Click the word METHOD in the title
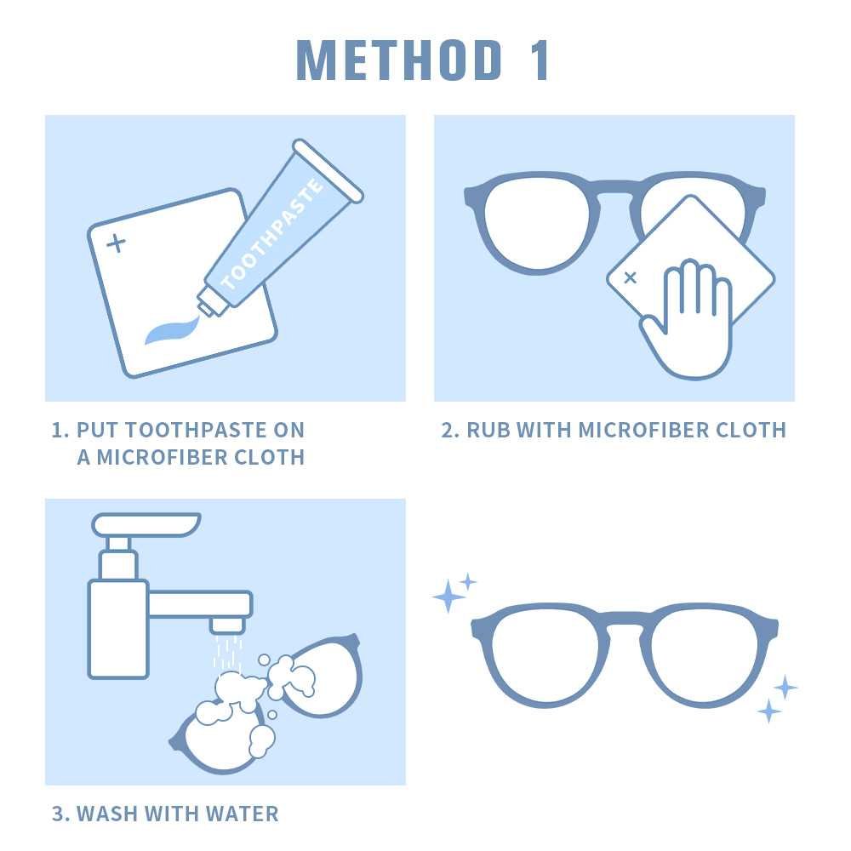click(399, 60)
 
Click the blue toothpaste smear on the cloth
click(172, 330)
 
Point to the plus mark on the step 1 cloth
click(116, 243)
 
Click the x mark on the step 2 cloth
click(630, 278)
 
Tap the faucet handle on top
click(146, 524)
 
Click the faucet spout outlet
click(227, 625)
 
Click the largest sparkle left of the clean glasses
click(448, 597)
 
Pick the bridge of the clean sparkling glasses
click(624, 618)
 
